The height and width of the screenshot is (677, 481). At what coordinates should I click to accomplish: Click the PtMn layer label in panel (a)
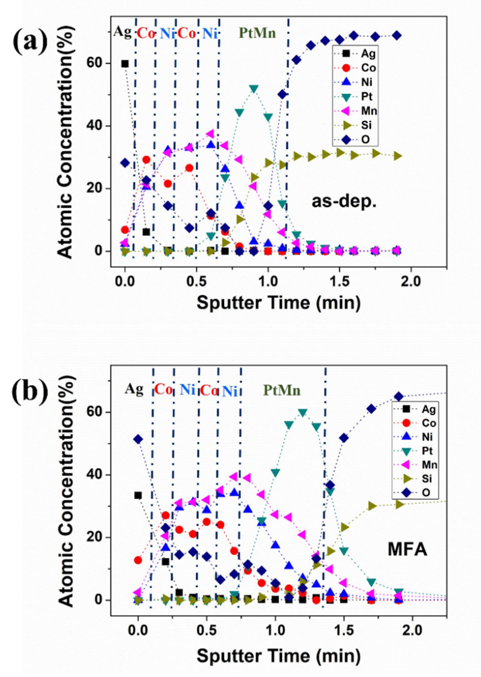click(257, 33)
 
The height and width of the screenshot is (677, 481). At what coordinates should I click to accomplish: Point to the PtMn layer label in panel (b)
click(282, 390)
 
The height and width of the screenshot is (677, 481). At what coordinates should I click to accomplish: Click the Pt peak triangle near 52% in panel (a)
click(254, 89)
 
